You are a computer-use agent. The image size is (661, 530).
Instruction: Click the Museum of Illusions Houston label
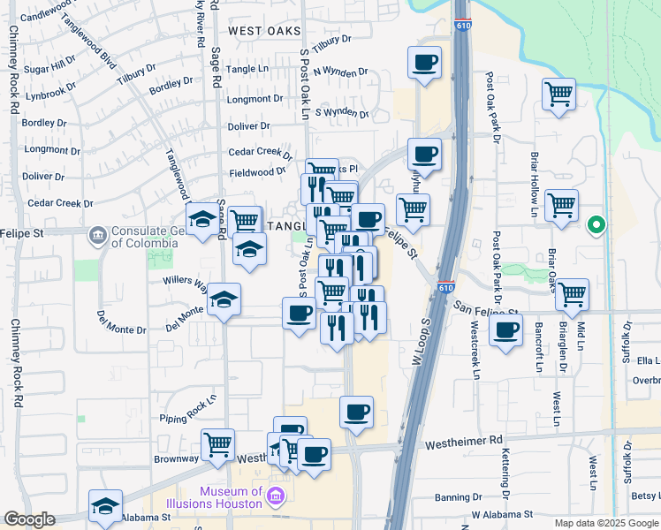(231, 497)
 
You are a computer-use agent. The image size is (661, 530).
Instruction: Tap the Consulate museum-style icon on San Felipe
(95, 236)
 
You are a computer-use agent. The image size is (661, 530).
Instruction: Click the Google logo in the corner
(29, 519)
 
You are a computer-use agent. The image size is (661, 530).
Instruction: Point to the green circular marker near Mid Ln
(596, 226)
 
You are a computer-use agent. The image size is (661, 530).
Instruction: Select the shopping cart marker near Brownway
(217, 444)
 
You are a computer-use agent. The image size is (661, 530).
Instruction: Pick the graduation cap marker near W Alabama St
(105, 505)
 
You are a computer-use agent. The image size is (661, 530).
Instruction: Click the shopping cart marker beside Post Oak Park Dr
(559, 94)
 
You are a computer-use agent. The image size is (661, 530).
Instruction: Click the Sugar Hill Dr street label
(50, 68)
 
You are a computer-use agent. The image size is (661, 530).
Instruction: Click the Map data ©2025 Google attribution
(606, 523)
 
